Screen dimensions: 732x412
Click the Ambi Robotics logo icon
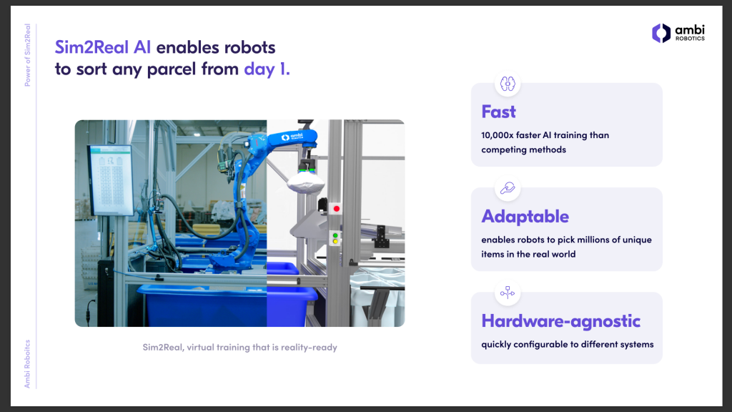pos(661,33)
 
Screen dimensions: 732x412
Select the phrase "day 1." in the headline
pos(267,69)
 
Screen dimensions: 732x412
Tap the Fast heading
pos(498,112)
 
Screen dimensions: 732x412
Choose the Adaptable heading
pos(525,216)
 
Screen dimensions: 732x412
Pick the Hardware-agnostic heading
pos(560,321)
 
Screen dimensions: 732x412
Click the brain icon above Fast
pos(508,84)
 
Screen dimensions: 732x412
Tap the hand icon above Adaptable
pos(508,188)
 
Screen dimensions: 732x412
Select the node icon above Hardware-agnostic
pos(508,293)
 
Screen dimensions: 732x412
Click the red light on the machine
pos(336,208)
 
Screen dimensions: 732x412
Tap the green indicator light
pos(335,236)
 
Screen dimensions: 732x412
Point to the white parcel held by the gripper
pos(305,182)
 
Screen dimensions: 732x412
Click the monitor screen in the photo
pos(111,180)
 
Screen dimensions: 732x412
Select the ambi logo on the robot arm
pos(292,137)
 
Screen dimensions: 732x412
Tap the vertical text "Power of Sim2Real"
pos(28,55)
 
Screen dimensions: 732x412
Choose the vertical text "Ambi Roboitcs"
pos(28,364)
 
